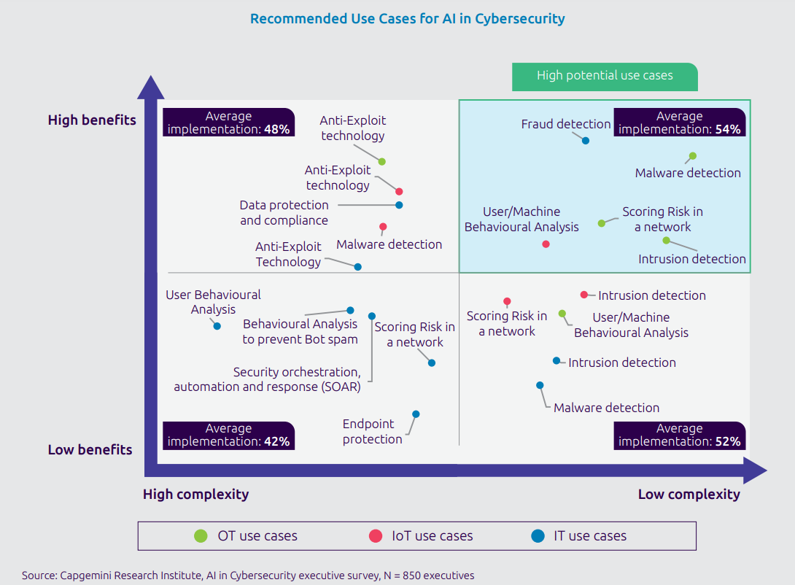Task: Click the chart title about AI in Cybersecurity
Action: pyautogui.click(x=407, y=19)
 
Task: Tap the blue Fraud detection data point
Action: pyautogui.click(x=586, y=140)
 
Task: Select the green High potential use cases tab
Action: pyautogui.click(x=605, y=76)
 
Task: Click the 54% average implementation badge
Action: pyautogui.click(x=679, y=123)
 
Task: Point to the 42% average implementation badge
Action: pyautogui.click(x=228, y=435)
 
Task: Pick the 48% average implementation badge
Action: pyautogui.click(x=228, y=123)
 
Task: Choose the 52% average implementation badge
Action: pyautogui.click(x=679, y=435)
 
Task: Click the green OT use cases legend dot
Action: pyautogui.click(x=201, y=536)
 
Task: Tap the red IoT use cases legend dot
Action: pyautogui.click(x=376, y=536)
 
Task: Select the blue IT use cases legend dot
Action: pyautogui.click(x=538, y=536)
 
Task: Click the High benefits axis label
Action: pyautogui.click(x=92, y=120)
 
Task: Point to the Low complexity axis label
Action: pyautogui.click(x=689, y=495)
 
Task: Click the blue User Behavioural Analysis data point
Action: pyautogui.click(x=217, y=326)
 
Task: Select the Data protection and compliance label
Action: pyautogui.click(x=284, y=212)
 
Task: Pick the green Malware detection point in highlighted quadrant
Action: pyautogui.click(x=693, y=156)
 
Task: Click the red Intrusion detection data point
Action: pyautogui.click(x=583, y=295)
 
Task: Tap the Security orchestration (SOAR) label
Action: pyautogui.click(x=267, y=379)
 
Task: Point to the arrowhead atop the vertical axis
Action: pyautogui.click(x=150, y=85)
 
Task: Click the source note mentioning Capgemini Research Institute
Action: pyautogui.click(x=248, y=576)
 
